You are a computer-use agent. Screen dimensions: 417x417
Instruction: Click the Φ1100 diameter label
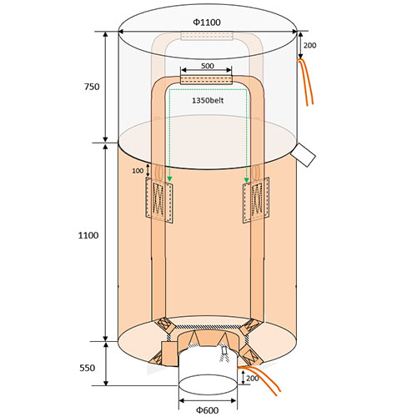point(207,23)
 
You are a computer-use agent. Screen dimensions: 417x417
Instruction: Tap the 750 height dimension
point(92,87)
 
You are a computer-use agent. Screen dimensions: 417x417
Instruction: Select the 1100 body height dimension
point(88,235)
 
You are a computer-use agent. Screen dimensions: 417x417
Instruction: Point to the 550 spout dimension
point(88,368)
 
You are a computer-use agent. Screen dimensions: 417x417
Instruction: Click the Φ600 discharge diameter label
point(208,409)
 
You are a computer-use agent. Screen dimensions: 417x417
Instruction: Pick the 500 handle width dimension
point(208,66)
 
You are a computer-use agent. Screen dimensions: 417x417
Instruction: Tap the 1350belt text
point(208,100)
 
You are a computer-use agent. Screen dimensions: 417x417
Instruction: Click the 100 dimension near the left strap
point(138,171)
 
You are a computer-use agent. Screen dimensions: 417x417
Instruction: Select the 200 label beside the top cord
point(309,45)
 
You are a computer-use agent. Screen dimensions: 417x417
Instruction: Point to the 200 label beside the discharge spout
point(253,378)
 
